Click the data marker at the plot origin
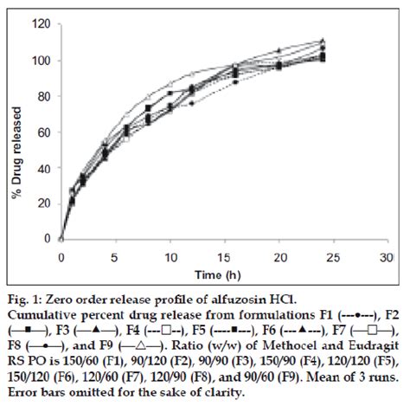point(61,239)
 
